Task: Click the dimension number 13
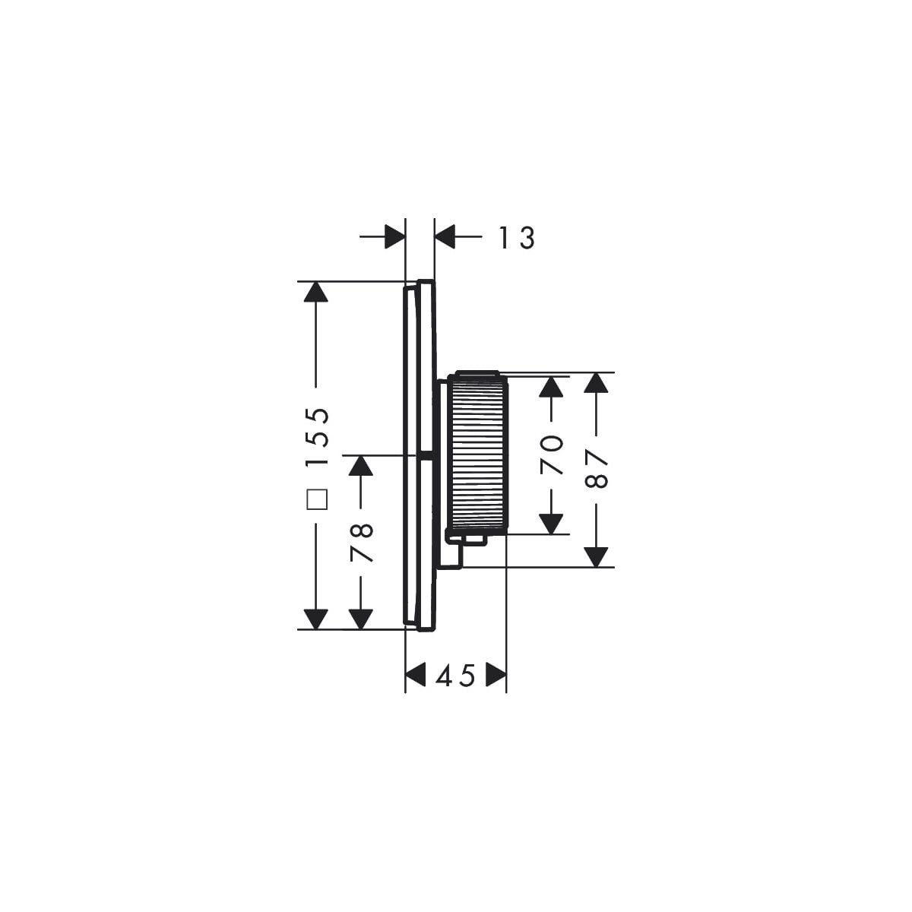pos(517,238)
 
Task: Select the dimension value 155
pos(317,437)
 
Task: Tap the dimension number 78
pos(362,543)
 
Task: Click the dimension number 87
pos(597,469)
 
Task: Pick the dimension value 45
pos(454,675)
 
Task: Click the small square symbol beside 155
pos(317,500)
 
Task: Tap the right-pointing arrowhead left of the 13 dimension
pos(394,236)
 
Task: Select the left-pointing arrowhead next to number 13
pos(445,236)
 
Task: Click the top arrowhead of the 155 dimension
pos(315,292)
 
